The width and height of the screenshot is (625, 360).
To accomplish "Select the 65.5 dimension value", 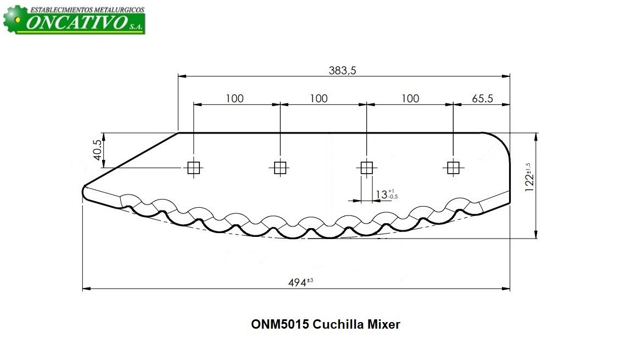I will click(482, 98).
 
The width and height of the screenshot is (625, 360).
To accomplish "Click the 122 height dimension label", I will click(529, 177).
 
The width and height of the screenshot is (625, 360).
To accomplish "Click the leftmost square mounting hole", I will click(193, 168).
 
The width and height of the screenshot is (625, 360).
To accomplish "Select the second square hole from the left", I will click(280, 168).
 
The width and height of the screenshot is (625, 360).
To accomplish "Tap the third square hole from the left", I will click(366, 168).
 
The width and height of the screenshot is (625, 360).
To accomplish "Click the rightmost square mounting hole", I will click(453, 168).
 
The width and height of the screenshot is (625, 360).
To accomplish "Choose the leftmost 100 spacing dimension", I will click(235, 98).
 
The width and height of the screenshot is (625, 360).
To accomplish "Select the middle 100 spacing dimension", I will click(319, 98).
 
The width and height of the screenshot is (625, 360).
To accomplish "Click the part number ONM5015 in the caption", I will click(280, 324).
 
